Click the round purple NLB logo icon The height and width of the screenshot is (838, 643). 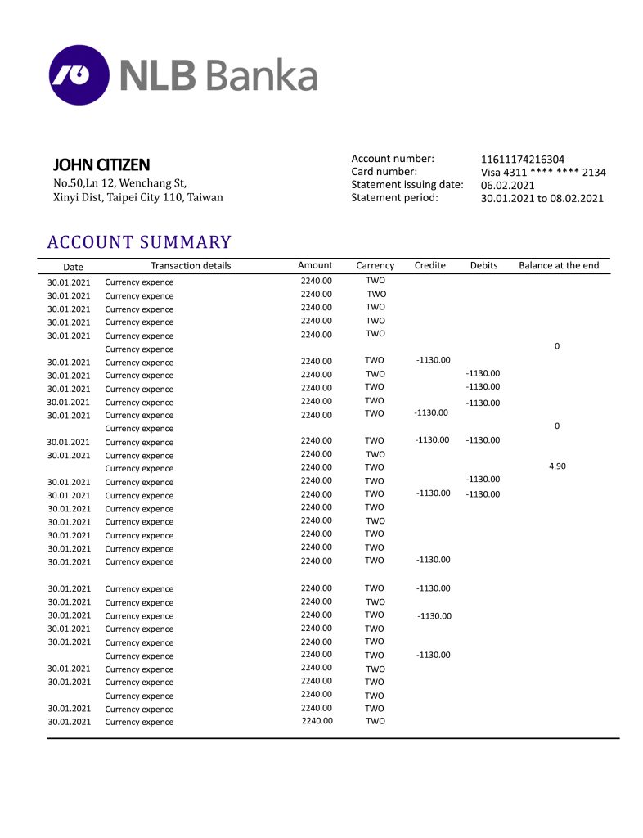pyautogui.click(x=79, y=75)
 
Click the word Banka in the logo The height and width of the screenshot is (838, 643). pyautogui.click(x=260, y=75)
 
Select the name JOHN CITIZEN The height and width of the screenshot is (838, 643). pyautogui.click(x=101, y=164)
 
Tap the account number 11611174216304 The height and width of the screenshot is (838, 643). pyautogui.click(x=523, y=159)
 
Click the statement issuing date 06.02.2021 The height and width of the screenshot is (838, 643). pyautogui.click(x=508, y=185)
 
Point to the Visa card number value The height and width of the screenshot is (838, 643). pyautogui.click(x=543, y=172)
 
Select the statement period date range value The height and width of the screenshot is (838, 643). pyautogui.click(x=542, y=198)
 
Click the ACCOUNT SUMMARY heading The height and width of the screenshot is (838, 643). pyautogui.click(x=139, y=242)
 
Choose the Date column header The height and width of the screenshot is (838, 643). pyautogui.click(x=73, y=267)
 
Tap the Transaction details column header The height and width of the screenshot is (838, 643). pyautogui.click(x=191, y=265)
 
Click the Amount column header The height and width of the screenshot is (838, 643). pyautogui.click(x=315, y=265)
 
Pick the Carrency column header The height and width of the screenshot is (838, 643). pyautogui.click(x=375, y=265)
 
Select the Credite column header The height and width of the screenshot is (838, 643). pyautogui.click(x=430, y=265)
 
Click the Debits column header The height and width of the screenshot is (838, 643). pyautogui.click(x=483, y=265)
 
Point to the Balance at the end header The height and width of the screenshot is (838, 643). pyautogui.click(x=559, y=265)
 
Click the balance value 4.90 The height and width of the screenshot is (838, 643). pyautogui.click(x=557, y=466)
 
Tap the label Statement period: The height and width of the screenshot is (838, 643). pyautogui.click(x=394, y=197)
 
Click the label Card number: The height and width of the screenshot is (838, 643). pyautogui.click(x=384, y=172)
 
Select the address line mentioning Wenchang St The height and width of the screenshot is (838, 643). pyautogui.click(x=119, y=182)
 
